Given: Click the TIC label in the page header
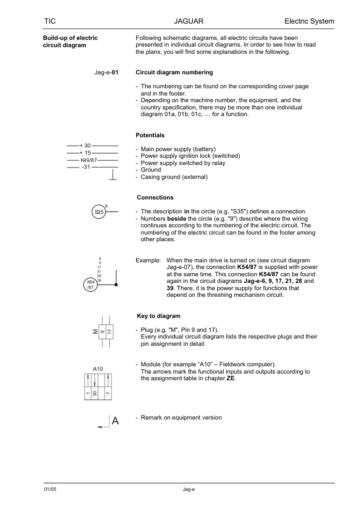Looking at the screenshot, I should coord(50,21).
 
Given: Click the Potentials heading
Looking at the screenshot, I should coord(150,135).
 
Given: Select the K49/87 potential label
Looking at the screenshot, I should coord(88,160).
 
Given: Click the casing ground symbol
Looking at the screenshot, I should coord(112,176).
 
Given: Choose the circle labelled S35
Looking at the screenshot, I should coord(99,212).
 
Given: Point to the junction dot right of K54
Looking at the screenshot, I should coord(116,284).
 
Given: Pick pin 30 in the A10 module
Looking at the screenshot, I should coord(95,395).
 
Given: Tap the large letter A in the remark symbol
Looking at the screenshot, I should coord(114,423).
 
